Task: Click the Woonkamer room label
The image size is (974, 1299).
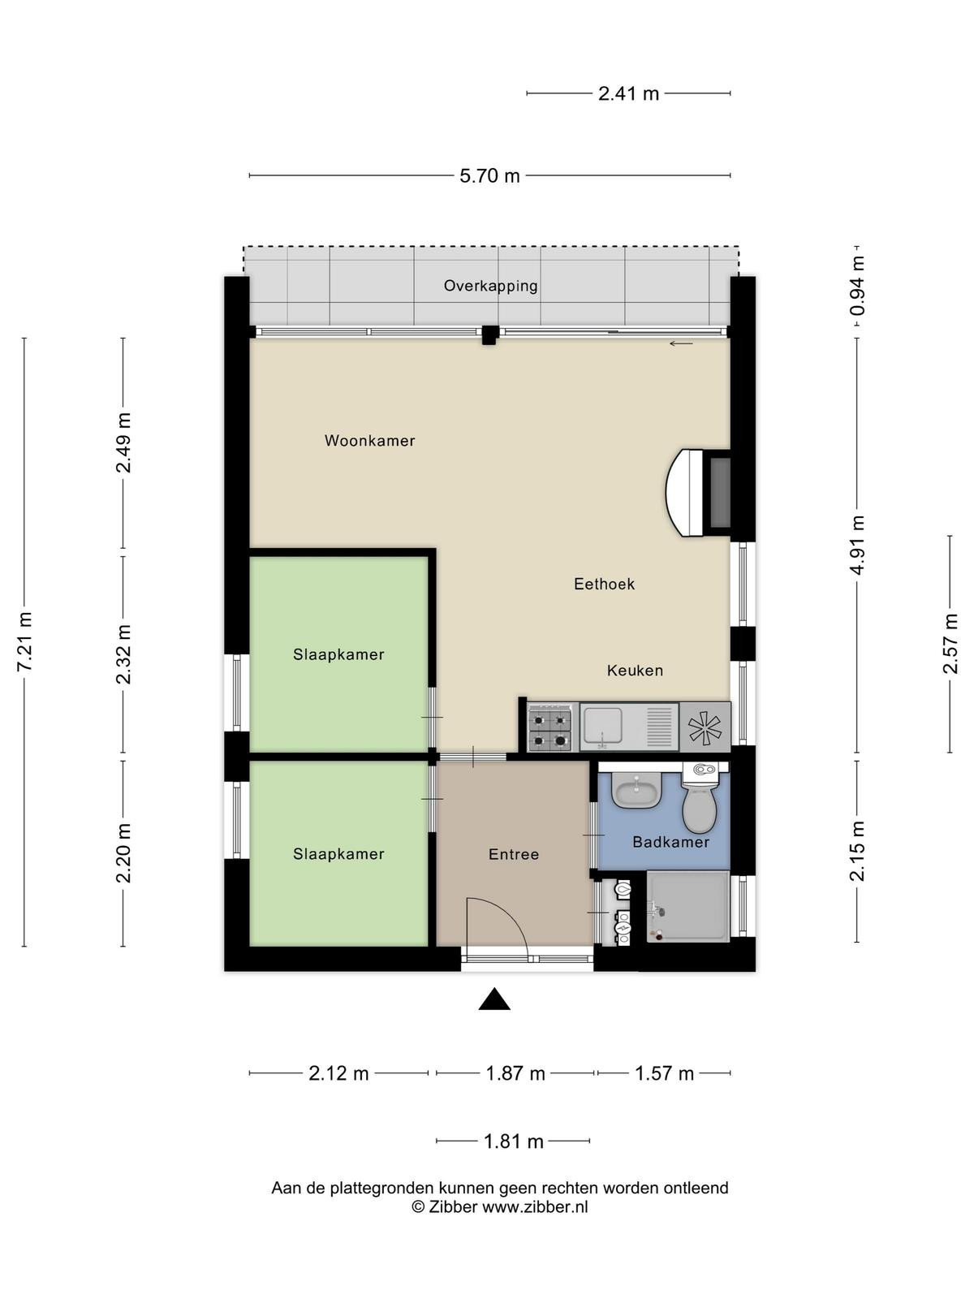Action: point(369,440)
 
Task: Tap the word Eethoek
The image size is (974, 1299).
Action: point(604,584)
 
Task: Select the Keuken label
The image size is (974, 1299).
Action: point(635,671)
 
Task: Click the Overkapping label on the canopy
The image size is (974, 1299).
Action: point(491,287)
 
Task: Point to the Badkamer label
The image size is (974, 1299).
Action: point(670,842)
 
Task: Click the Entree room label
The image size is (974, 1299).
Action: point(513,855)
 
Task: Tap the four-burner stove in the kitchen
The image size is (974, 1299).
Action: point(549,727)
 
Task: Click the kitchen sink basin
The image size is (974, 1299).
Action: point(602,726)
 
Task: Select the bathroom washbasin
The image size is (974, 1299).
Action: point(636,791)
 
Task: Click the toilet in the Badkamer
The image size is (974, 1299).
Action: point(700,798)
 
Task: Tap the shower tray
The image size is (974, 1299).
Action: point(687,906)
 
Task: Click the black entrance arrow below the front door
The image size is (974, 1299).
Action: point(494,999)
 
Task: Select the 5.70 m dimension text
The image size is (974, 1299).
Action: point(489,175)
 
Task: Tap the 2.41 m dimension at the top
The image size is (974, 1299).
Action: point(628,93)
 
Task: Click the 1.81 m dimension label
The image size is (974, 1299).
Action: point(513,1141)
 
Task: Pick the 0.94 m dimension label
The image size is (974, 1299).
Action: point(857,285)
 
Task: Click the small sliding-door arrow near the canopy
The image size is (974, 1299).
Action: point(681,343)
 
